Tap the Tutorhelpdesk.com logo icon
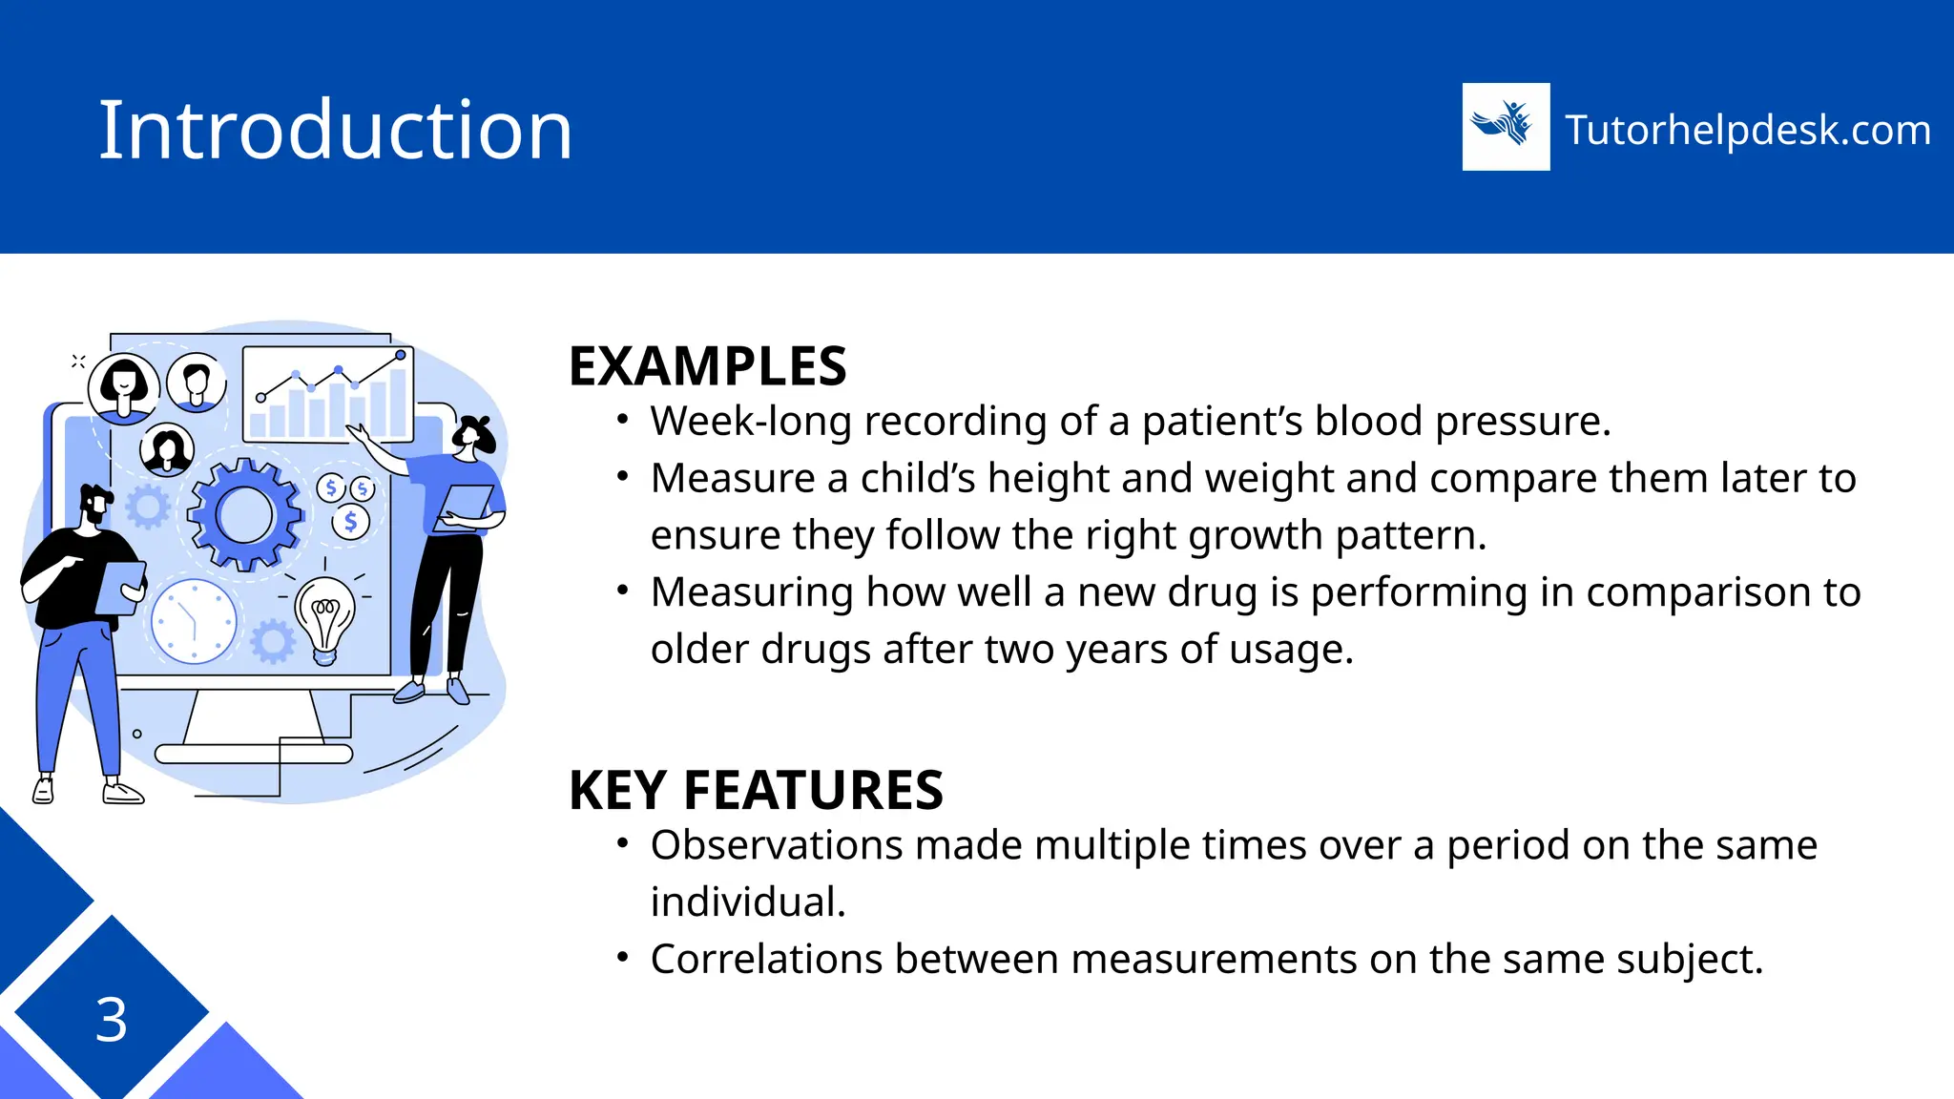1506,127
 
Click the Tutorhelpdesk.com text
1747,130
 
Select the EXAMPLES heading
707,366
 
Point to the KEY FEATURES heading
756,790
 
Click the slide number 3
111,1020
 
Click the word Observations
777,845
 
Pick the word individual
747,902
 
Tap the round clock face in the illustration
194,621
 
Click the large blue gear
245,515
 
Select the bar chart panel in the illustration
328,394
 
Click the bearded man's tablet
121,588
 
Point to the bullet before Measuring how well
623,591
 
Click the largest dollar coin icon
350,522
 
